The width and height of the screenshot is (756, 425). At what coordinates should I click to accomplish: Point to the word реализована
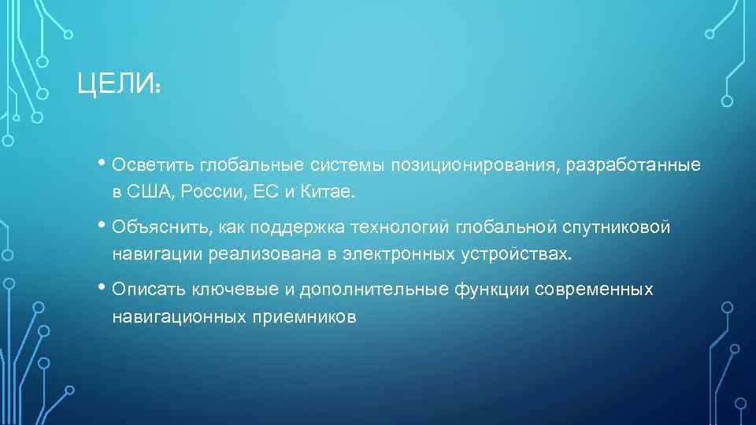pyautogui.click(x=252, y=254)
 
